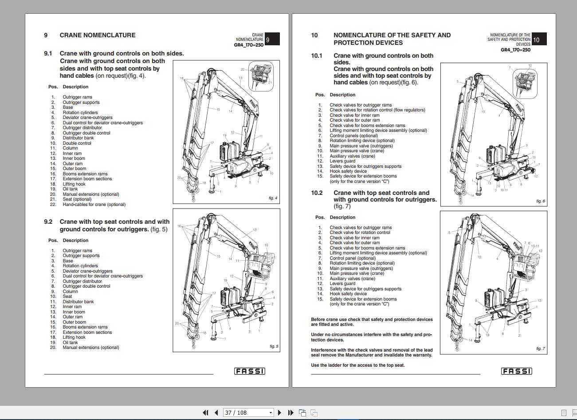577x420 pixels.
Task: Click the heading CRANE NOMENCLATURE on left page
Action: pos(97,35)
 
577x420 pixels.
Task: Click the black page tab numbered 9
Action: pos(272,40)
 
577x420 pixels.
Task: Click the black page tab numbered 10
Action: pos(538,40)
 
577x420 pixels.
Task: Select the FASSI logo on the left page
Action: pos(249,371)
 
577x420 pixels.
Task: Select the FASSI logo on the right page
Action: pos(516,371)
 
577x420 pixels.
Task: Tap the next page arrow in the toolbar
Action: pos(279,412)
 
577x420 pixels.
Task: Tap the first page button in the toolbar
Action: pos(205,412)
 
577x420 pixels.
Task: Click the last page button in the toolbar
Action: pos(290,412)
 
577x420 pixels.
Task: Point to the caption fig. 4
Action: pos(273,198)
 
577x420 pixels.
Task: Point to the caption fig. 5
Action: pos(274,346)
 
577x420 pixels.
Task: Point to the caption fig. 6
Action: pos(540,201)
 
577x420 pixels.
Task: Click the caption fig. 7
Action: pos(540,349)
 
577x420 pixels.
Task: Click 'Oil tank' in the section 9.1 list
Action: pos(70,189)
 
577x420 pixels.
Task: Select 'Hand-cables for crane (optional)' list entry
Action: pos(94,205)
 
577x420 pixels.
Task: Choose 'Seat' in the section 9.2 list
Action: pos(67,297)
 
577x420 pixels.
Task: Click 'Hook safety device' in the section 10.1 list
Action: pos(348,171)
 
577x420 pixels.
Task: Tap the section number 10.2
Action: pos(317,193)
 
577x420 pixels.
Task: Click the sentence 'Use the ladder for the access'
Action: pos(357,365)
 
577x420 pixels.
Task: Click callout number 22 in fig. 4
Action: pos(243,69)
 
